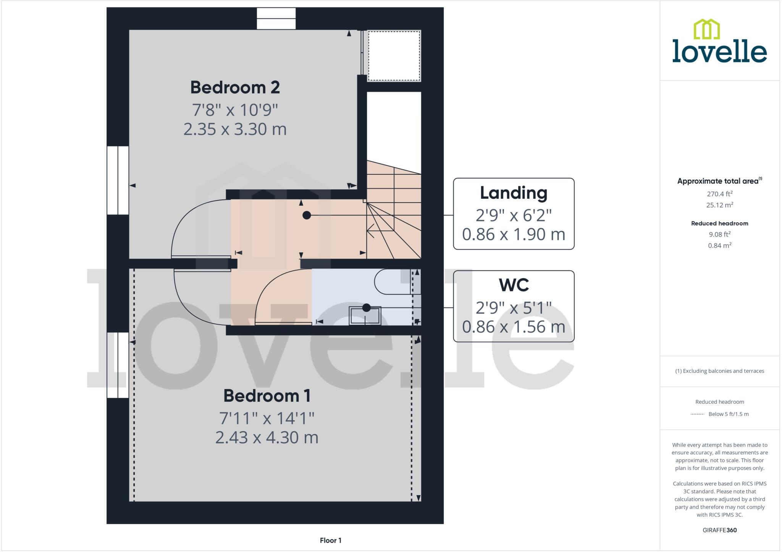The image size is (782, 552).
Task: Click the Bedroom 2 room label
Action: click(x=235, y=88)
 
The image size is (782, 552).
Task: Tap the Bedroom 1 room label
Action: click(x=267, y=396)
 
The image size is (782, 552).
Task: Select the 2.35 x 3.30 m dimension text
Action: click(x=235, y=129)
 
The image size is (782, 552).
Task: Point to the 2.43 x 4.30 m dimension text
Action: click(x=267, y=438)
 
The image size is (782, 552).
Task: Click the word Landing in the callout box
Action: click(x=513, y=193)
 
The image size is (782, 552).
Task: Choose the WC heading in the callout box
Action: click(x=513, y=285)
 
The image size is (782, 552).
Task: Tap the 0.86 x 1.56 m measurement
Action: click(x=513, y=327)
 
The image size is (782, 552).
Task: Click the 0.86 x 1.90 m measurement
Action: click(x=513, y=234)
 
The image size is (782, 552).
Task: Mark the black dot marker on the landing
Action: click(x=306, y=216)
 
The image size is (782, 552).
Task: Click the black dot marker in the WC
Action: click(x=366, y=307)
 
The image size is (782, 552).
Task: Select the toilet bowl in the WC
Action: click(x=393, y=282)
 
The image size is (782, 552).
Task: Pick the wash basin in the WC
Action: click(x=365, y=316)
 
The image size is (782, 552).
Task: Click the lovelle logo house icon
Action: click(x=706, y=29)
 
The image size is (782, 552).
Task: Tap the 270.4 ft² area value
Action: click(x=719, y=194)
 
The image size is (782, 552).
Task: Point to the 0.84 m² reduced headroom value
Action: click(x=719, y=246)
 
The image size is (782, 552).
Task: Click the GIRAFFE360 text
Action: click(x=719, y=530)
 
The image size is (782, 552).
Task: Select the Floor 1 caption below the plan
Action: click(x=330, y=541)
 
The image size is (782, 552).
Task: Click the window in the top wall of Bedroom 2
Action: click(x=276, y=19)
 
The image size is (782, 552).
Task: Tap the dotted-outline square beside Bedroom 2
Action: click(x=394, y=56)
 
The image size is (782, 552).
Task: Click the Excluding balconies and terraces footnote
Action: click(x=719, y=371)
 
